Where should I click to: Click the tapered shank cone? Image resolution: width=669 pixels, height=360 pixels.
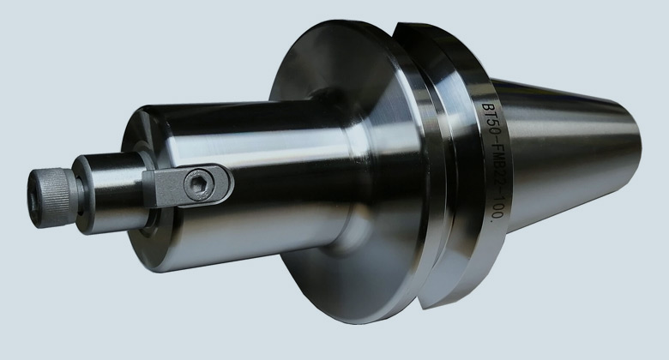(x=568, y=153)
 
